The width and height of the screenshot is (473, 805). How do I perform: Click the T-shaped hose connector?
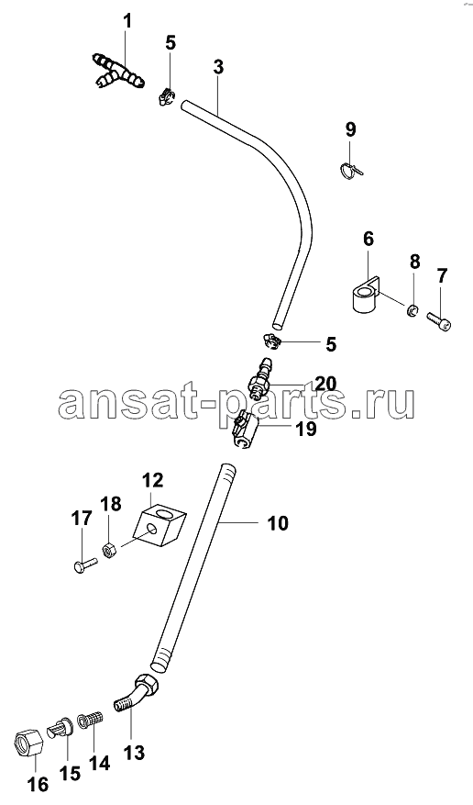point(119,72)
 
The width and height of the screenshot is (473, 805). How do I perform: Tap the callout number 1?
point(127,21)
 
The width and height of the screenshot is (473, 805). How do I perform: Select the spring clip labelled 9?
point(350,169)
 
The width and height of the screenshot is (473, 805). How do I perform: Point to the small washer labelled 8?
point(412,310)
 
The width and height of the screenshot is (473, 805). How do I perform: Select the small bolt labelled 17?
point(83,565)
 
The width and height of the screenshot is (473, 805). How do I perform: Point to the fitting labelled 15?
point(61,726)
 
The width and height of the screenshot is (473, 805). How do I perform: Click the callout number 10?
point(278,523)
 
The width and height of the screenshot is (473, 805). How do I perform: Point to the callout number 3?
point(218,67)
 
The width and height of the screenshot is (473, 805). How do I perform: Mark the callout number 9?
point(350,129)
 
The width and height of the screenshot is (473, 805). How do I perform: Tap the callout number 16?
point(38,784)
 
